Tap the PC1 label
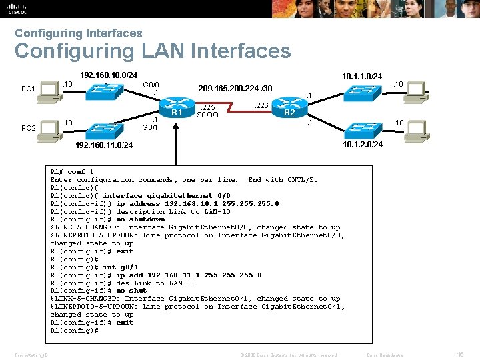point(28,89)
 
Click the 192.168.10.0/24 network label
point(109,75)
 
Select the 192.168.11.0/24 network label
point(103,145)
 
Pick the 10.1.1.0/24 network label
point(362,77)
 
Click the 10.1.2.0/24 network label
point(362,145)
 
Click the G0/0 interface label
point(151,85)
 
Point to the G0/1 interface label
point(151,127)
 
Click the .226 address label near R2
point(262,105)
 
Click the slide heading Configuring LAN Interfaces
point(153,51)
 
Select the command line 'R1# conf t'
point(72,172)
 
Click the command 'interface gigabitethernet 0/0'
point(167,196)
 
